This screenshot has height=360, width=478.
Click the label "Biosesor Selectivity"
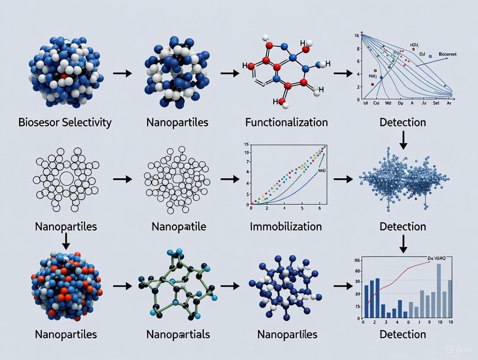coord(65,122)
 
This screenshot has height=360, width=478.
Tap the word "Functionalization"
coord(286,122)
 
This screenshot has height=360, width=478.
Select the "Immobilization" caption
coord(286,226)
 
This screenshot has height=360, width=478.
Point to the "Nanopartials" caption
coord(178,334)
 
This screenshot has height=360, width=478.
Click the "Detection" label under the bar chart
coord(403,334)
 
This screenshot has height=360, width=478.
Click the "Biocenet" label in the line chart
coord(447,54)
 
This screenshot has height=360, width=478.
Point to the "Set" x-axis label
coord(436,104)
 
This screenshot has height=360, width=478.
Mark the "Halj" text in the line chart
coord(373,76)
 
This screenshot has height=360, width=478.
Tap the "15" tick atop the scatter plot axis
coord(246,145)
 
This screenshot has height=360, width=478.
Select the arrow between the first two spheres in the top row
coord(122,74)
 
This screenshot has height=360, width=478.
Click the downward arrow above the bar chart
coord(403,245)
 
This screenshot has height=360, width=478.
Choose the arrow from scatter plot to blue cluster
coord(343,179)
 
